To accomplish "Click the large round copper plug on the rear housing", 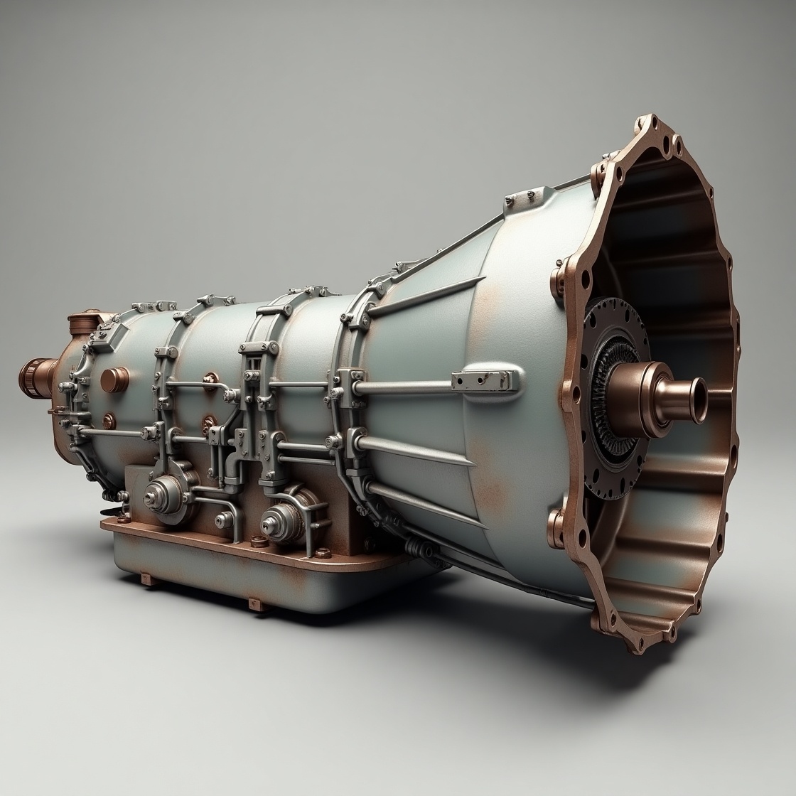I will (x=114, y=380).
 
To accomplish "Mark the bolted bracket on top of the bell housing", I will (x=529, y=199).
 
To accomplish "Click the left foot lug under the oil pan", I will (x=147, y=579).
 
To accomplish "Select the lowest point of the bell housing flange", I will (x=629, y=649).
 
